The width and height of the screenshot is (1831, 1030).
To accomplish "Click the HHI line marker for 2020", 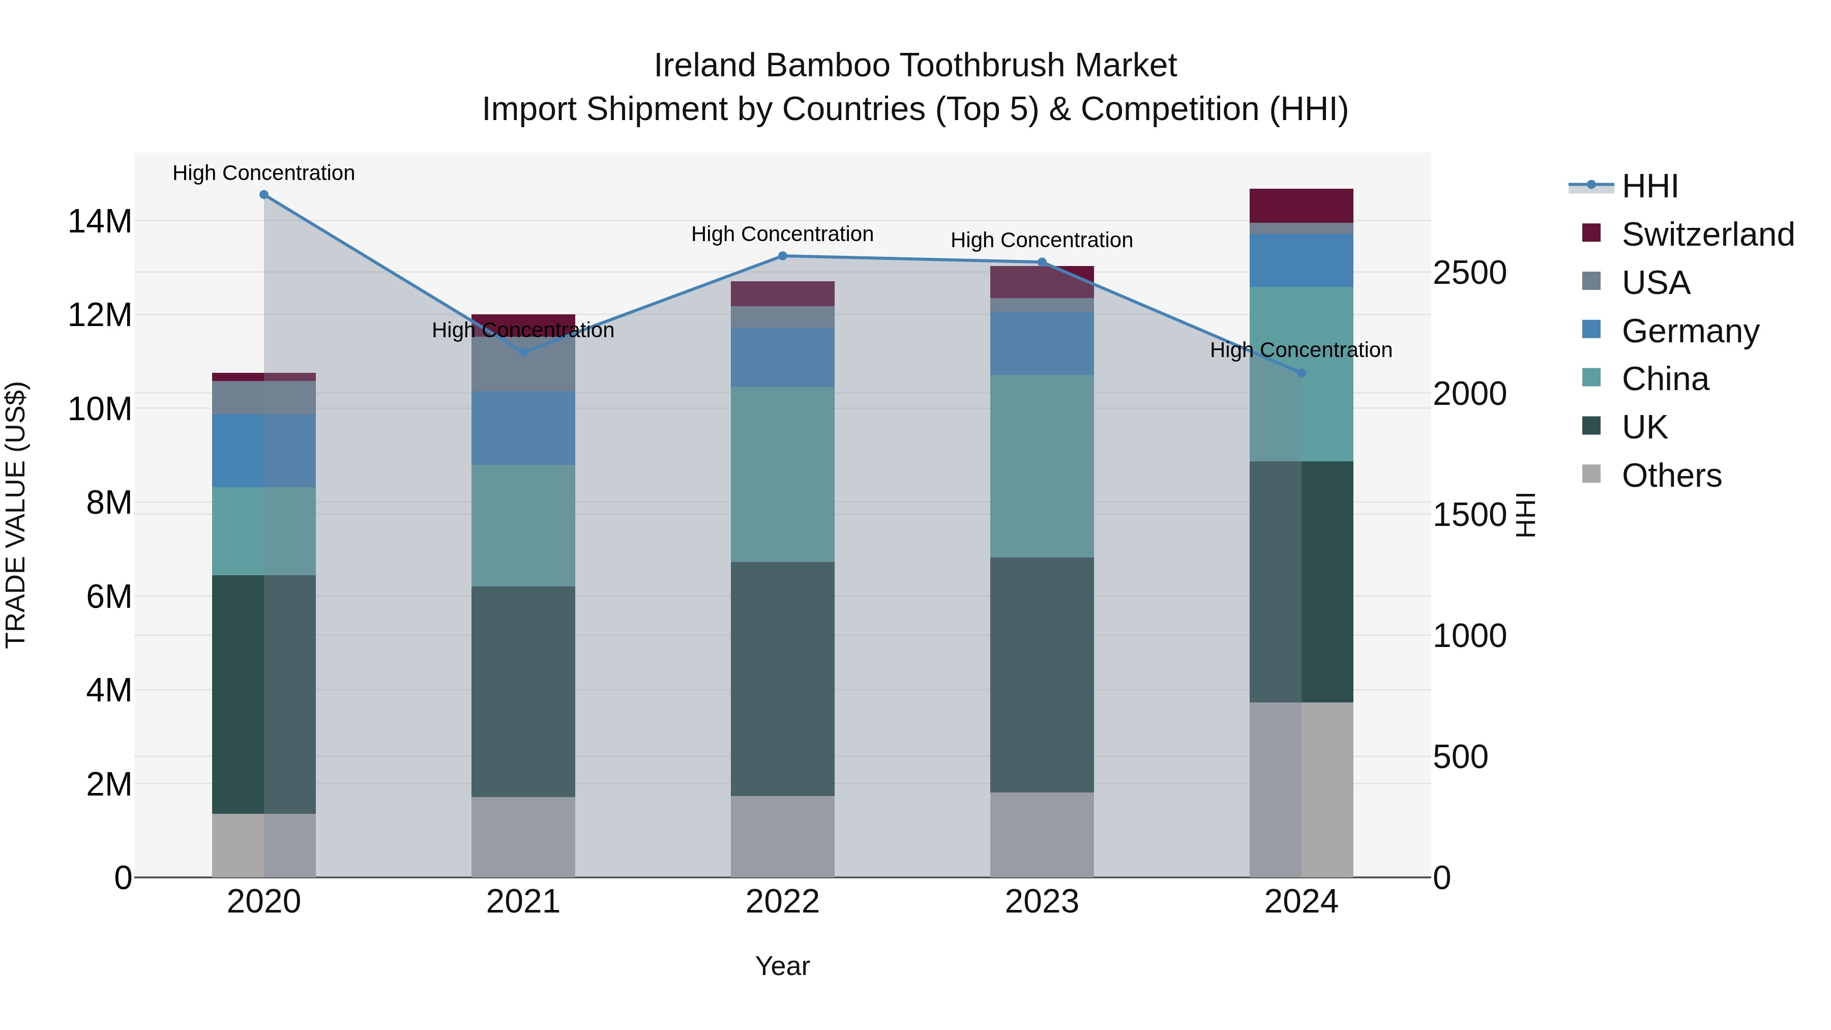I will (x=263, y=195).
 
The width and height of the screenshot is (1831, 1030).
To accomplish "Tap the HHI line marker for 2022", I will (x=783, y=256).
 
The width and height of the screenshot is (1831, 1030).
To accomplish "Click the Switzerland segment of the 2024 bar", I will (x=1302, y=206).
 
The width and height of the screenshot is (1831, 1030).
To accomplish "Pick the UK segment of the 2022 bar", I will (x=783, y=679).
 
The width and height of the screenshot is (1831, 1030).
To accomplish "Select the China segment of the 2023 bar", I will (x=1042, y=466).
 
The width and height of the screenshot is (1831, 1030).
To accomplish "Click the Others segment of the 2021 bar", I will (x=523, y=837).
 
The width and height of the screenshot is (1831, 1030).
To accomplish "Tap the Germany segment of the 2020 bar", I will (x=263, y=451).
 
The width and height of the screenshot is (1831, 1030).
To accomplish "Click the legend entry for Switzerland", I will (x=1707, y=234).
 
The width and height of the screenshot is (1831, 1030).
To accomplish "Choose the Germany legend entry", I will (x=1690, y=331).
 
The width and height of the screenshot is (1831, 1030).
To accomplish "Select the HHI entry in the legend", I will (x=1649, y=186).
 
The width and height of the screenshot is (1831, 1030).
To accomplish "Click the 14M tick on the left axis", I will (x=100, y=222).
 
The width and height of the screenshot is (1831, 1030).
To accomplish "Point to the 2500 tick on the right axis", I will (x=1469, y=273).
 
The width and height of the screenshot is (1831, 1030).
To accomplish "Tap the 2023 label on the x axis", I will (x=1042, y=902).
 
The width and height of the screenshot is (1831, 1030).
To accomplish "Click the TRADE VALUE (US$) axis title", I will (x=16, y=515).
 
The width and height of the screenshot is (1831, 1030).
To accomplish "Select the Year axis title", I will (x=783, y=966).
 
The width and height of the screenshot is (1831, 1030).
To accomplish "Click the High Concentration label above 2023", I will (x=1042, y=240).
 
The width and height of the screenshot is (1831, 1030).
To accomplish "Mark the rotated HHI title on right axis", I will (x=1525, y=515).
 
